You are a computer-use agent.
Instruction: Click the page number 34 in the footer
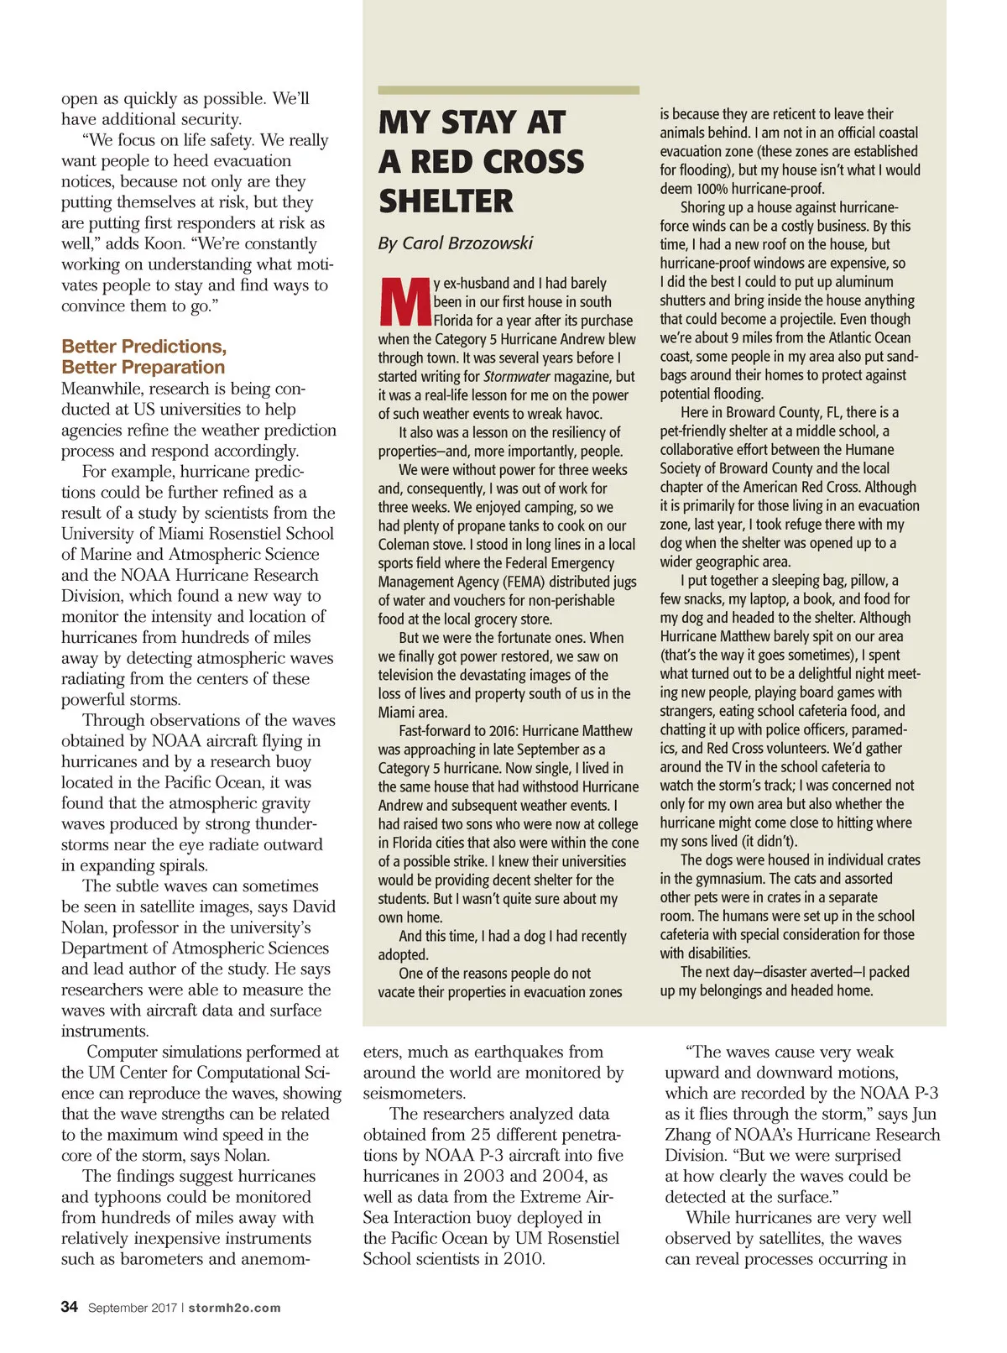pos(70,1307)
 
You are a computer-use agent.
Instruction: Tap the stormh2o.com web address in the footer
pos(234,1308)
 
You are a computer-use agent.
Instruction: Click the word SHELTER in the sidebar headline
pos(446,201)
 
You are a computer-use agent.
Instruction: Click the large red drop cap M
pos(404,302)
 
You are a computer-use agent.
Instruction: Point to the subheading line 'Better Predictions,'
pos(143,347)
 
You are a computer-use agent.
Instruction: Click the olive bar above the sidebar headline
pos(508,90)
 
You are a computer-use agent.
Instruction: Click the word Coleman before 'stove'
pos(404,545)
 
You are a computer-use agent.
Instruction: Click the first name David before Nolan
pos(311,907)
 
